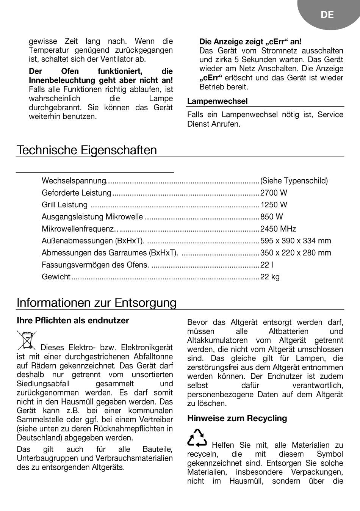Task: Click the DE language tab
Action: [327, 15]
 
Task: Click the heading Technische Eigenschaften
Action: [87, 150]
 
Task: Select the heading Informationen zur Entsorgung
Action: [97, 303]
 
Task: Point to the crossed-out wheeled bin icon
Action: [27, 340]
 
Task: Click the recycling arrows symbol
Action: [197, 438]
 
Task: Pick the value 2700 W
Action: [274, 193]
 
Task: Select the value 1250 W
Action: [274, 205]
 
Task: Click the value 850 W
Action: [271, 217]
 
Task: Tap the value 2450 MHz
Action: [278, 229]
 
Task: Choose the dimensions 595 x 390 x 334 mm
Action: [296, 241]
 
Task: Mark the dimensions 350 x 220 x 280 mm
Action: [296, 253]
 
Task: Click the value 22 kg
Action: [270, 277]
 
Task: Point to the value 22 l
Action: [267, 265]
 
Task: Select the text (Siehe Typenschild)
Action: [294, 181]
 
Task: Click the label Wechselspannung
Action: [74, 181]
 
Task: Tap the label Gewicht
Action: [56, 277]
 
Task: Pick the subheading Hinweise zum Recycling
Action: [237, 419]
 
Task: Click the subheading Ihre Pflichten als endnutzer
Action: [73, 321]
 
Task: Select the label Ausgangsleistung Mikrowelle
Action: [92, 217]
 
